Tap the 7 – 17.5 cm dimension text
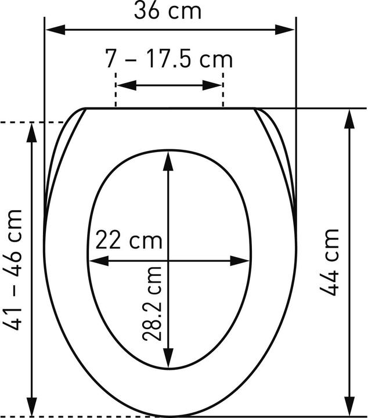pos(169,59)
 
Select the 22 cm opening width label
pos(129,240)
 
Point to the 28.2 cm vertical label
pos(152,304)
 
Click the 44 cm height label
pos(329,262)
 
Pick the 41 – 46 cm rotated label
pos(12,270)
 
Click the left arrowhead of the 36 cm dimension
pos(55,30)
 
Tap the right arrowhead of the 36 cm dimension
pos(285,30)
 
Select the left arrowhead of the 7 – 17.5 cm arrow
pos(127,85)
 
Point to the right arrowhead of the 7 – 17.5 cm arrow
pos(212,85)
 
